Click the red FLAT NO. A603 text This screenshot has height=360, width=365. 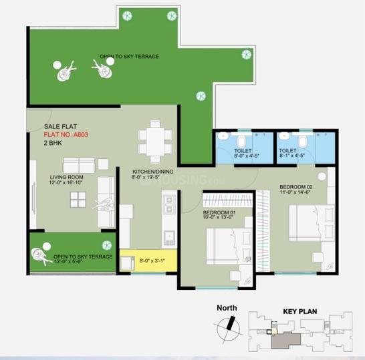click(66, 135)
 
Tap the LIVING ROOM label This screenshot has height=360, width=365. click(67, 177)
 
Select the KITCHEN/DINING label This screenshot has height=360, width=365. click(153, 172)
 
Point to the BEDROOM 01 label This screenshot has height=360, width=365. click(219, 212)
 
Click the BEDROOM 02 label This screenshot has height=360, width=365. click(296, 187)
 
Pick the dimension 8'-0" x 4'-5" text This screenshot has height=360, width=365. click(247, 156)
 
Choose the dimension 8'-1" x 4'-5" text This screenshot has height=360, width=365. click(292, 156)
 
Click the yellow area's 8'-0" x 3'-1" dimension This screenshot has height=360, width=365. click(152, 260)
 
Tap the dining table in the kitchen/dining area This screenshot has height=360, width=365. click(155, 142)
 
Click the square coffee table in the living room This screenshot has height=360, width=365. click(78, 200)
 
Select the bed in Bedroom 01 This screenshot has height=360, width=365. click(229, 246)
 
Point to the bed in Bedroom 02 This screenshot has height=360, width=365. click(312, 223)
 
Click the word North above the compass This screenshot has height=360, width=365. click(227, 308)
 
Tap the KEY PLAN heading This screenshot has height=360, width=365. click(300, 311)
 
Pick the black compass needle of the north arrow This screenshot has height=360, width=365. click(231, 323)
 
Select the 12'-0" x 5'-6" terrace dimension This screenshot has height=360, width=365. click(69, 261)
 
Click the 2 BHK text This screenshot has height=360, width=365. click(53, 143)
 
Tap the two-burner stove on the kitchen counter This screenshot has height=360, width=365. click(169, 204)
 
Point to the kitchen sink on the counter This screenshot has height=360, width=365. click(169, 238)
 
